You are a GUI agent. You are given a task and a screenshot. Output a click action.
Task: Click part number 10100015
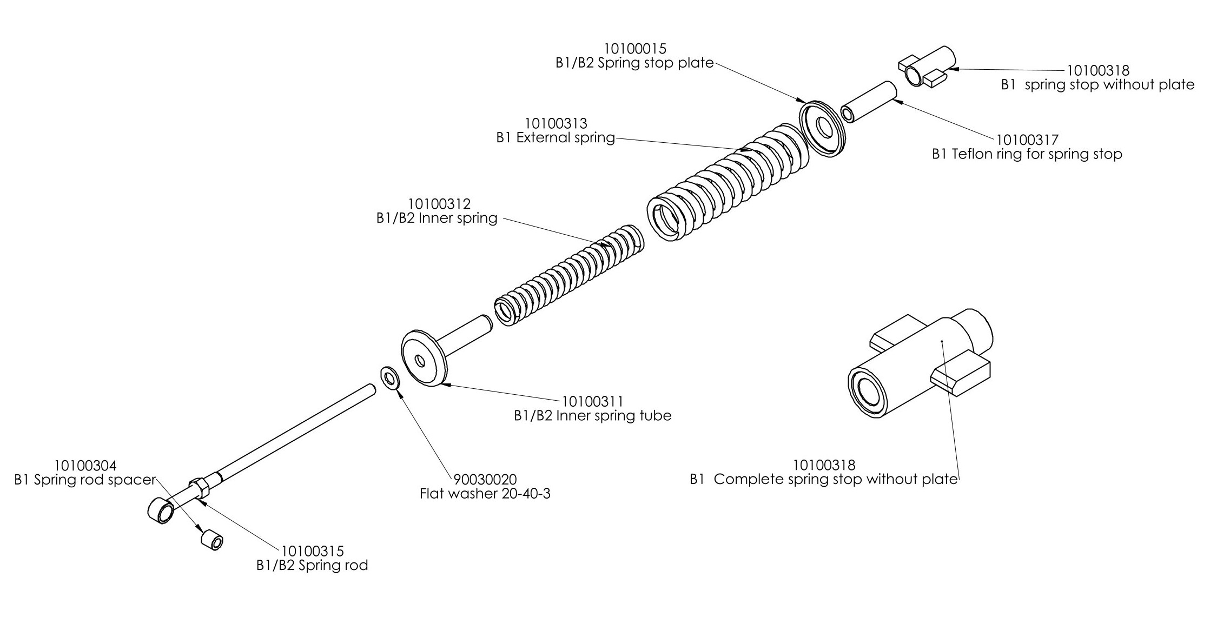[635, 49]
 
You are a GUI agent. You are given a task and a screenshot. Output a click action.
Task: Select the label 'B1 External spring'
[556, 138]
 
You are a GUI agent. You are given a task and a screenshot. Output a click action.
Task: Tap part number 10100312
[439, 204]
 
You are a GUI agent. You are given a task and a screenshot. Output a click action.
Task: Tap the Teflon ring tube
[870, 102]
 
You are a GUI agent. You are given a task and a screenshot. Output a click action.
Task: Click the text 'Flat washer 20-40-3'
[485, 493]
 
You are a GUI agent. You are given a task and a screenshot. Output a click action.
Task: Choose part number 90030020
[485, 480]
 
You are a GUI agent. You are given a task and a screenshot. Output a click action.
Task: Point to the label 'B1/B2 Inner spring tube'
[592, 416]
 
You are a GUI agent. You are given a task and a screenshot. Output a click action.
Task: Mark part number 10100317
[1027, 140]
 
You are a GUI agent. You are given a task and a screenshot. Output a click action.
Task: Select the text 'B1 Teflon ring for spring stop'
[1027, 154]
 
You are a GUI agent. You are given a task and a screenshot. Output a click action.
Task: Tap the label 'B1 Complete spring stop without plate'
[823, 479]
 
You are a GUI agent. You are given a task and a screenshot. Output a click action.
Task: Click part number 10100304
[85, 466]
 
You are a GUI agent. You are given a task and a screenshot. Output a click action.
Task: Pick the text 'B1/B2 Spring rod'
[312, 566]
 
